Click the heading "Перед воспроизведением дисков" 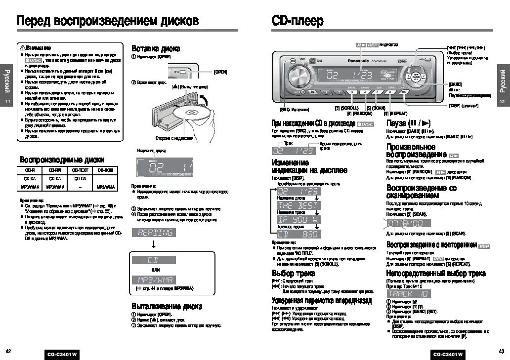[x=108, y=21]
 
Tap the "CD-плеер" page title [x=297, y=21]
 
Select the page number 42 [x=8, y=351]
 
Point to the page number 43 [x=501, y=351]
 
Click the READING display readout [x=154, y=233]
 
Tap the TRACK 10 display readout [x=408, y=294]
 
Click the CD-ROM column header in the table [x=105, y=170]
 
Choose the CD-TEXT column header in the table [x=80, y=170]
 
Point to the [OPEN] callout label [x=220, y=72]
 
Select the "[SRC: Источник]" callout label [x=295, y=109]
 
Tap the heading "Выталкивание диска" [x=167, y=306]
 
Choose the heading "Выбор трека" [x=290, y=273]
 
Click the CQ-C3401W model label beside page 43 [x=448, y=354]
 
